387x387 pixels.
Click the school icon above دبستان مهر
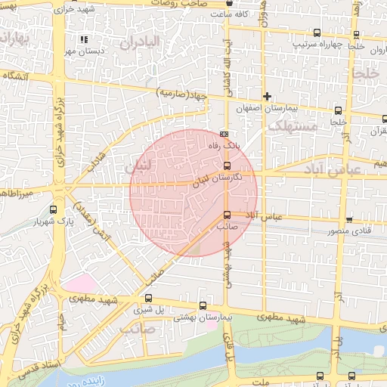coord(83,39)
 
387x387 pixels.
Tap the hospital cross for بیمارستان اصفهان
coord(267,96)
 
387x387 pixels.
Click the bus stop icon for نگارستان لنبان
coord(228,166)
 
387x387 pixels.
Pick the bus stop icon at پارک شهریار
coord(52,209)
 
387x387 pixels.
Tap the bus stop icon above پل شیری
coord(148,298)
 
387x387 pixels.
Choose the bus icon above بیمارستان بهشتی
coord(202,306)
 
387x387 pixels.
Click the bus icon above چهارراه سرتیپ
coord(316,33)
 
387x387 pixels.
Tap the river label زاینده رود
coord(113,378)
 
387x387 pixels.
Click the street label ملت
coord(262,382)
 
